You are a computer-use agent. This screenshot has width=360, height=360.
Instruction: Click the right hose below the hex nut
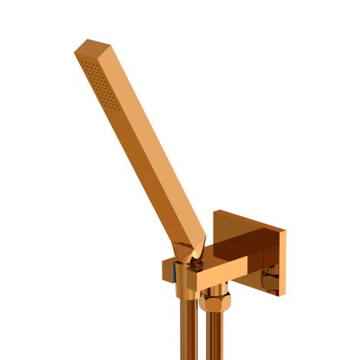click(x=216, y=337)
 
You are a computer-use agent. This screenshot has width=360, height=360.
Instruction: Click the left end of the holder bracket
click(x=168, y=272)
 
